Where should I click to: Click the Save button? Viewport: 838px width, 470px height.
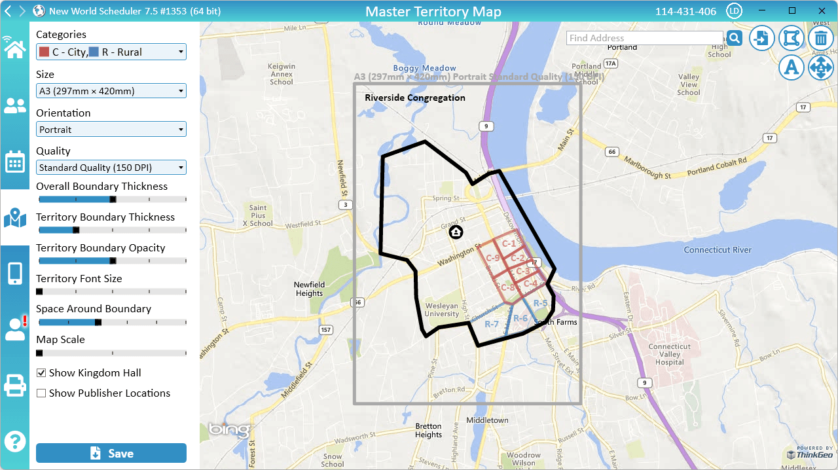coord(111,453)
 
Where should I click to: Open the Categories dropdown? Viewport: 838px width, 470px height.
coord(111,52)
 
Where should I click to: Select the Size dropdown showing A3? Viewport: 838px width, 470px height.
coord(111,91)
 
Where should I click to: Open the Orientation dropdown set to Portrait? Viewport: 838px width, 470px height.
coord(111,130)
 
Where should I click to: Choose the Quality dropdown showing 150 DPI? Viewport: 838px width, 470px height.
coord(111,168)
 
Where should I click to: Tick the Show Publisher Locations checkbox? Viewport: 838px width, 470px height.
coord(41,393)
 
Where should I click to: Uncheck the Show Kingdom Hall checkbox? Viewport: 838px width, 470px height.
coord(41,373)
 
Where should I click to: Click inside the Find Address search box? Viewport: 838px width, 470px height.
coord(644,38)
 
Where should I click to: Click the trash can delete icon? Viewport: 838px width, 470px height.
coord(820,38)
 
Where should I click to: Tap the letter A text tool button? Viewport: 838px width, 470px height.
coord(791,67)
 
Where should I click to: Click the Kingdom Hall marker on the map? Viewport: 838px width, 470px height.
coord(456,232)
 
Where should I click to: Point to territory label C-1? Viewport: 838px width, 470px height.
coord(509,244)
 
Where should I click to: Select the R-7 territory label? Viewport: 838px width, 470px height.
coord(492,324)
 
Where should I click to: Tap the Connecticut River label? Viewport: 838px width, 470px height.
coord(718,250)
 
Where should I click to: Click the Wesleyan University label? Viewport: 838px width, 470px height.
coord(442,310)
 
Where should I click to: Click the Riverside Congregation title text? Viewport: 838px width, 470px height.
coord(415,98)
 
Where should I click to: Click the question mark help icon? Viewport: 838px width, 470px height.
coord(14,441)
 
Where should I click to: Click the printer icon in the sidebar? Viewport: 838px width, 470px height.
coord(14,386)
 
